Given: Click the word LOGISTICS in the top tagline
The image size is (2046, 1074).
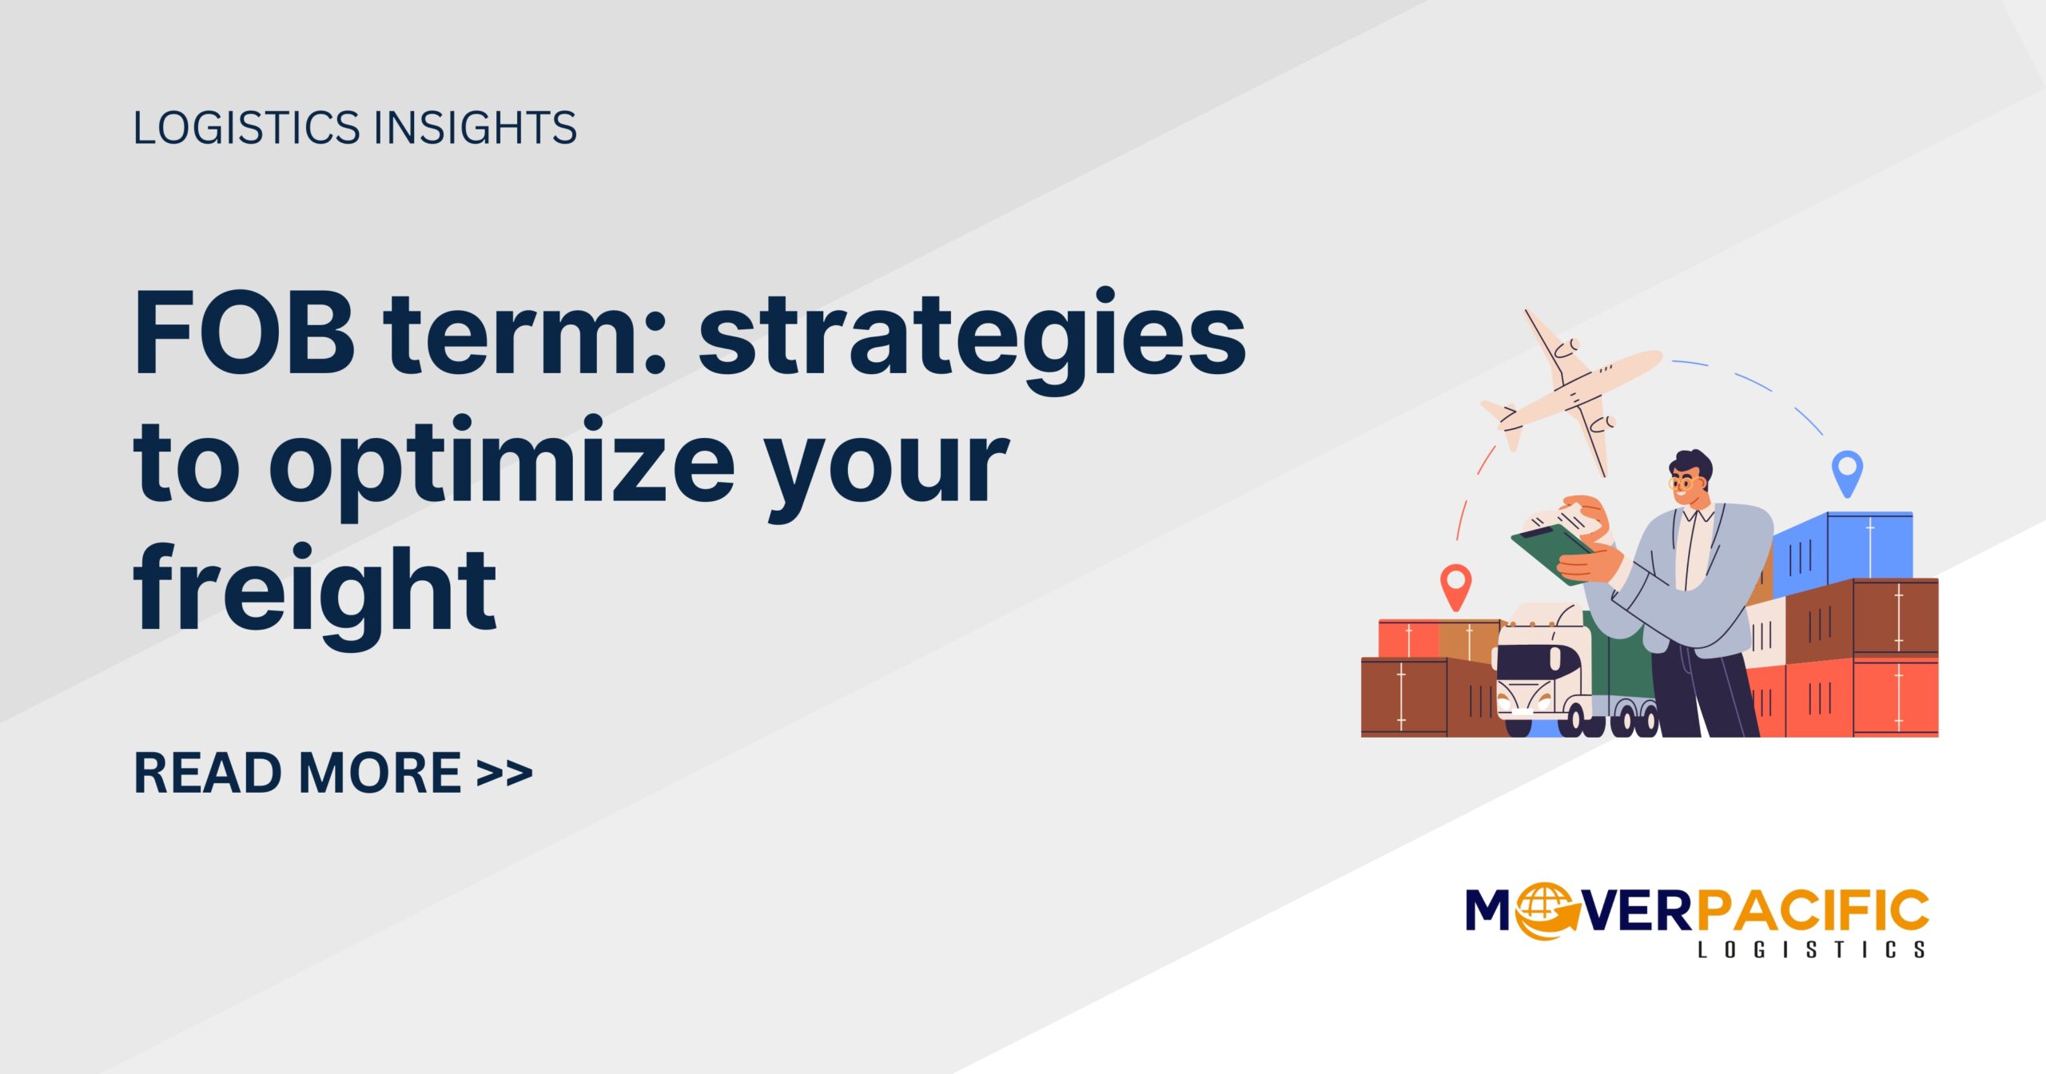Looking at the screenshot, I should (247, 128).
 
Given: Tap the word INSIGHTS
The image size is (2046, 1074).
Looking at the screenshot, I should (476, 128).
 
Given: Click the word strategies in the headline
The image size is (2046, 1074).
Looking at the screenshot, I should (972, 340).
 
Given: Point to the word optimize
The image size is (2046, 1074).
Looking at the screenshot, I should (502, 467).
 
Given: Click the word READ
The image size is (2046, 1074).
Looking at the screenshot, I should (209, 774).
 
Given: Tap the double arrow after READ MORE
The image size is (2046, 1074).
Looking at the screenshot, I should (504, 774).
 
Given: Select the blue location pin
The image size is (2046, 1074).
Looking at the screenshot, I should (1847, 471).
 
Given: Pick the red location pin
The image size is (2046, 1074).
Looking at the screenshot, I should (1455, 586).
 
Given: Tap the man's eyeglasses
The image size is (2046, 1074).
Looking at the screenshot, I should (1682, 483).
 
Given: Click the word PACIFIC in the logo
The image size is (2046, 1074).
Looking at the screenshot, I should (1813, 911).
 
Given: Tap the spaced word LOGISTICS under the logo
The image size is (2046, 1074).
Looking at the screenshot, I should (1811, 950).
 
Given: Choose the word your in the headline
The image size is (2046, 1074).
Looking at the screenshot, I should (887, 467).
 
